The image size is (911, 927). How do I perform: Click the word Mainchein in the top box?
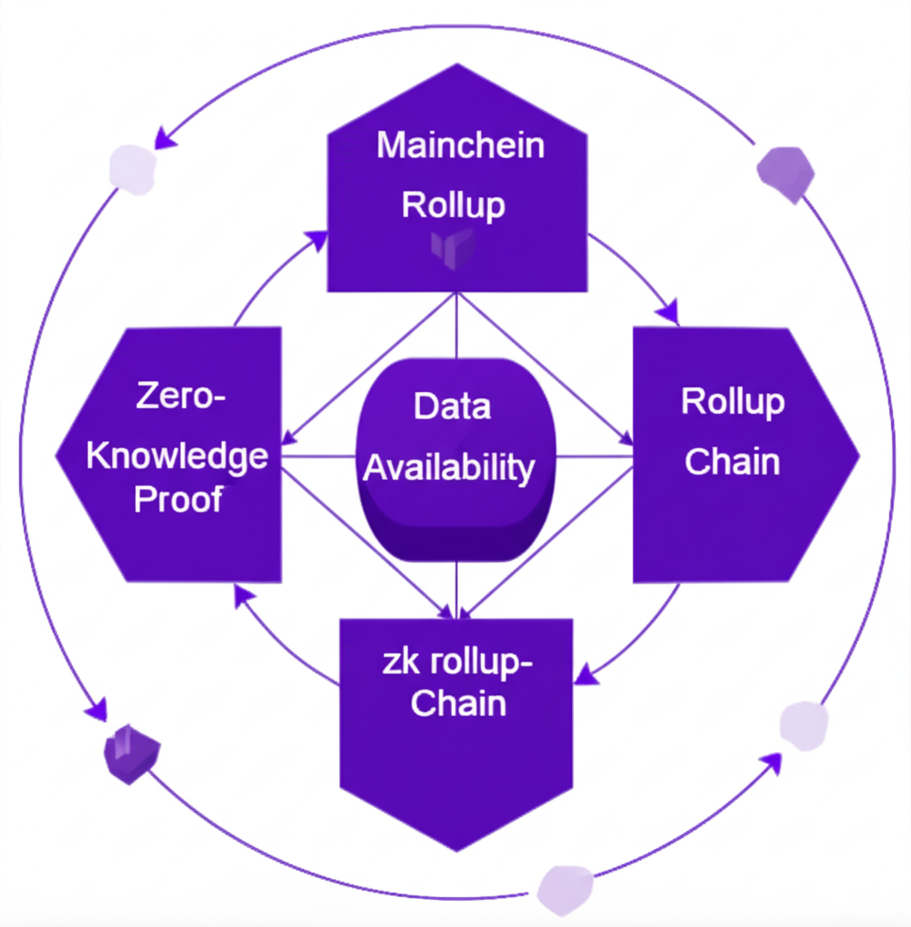click(x=460, y=146)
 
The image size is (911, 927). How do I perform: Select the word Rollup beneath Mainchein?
click(x=453, y=205)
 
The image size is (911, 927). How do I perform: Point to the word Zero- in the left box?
click(x=179, y=397)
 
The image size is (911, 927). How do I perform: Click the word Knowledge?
click(x=177, y=456)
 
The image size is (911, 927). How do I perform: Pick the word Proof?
click(x=177, y=500)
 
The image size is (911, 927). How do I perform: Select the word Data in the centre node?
click(x=452, y=406)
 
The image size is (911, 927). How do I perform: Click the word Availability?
click(x=449, y=468)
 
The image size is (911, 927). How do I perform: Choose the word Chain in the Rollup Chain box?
click(x=732, y=462)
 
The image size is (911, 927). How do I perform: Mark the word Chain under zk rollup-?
click(x=457, y=704)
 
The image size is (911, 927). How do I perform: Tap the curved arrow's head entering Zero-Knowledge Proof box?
click(x=242, y=594)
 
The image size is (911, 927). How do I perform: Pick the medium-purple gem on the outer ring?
click(x=784, y=173)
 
